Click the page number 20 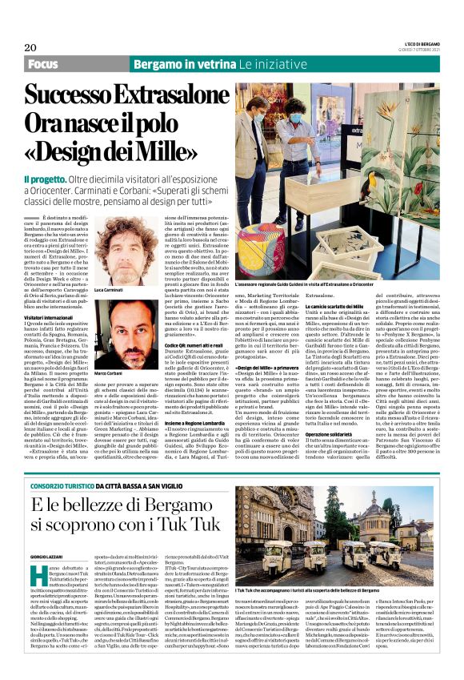[30, 47]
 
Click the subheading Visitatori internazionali [54, 318]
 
